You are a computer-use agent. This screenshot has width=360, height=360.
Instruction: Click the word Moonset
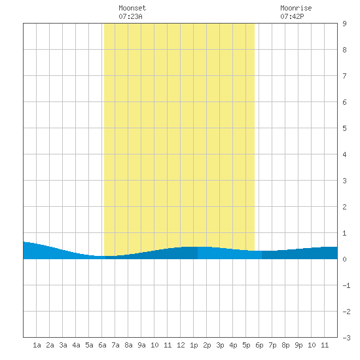[132, 8]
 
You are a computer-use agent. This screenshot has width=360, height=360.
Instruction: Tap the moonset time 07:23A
[130, 16]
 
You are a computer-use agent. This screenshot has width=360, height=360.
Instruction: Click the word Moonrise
[296, 8]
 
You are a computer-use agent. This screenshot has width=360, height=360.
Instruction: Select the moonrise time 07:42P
[292, 16]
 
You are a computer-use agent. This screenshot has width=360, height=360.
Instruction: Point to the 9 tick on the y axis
[344, 24]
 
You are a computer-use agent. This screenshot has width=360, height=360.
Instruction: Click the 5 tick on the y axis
[344, 128]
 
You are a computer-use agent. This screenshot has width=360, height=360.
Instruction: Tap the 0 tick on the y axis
[344, 259]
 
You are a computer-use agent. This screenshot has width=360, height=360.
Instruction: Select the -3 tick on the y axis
[346, 338]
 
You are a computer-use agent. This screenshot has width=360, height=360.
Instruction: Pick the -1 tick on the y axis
[346, 285]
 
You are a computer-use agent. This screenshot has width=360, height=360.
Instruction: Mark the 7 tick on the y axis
[344, 76]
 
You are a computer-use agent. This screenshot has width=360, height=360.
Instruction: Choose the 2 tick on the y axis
[344, 207]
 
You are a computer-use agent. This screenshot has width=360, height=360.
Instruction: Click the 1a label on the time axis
[37, 345]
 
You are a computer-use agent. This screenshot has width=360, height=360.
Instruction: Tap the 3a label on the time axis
[63, 345]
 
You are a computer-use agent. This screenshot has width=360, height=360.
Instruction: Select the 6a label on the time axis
[102, 345]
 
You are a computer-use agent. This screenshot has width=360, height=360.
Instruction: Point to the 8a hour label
[128, 345]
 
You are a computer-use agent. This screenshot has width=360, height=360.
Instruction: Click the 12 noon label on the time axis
[181, 345]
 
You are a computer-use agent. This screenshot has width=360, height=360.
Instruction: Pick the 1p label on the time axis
[194, 345]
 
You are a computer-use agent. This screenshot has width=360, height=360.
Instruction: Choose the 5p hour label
[246, 345]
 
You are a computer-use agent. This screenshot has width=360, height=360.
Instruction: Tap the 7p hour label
[272, 345]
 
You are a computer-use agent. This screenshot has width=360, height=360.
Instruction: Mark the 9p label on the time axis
[298, 345]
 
